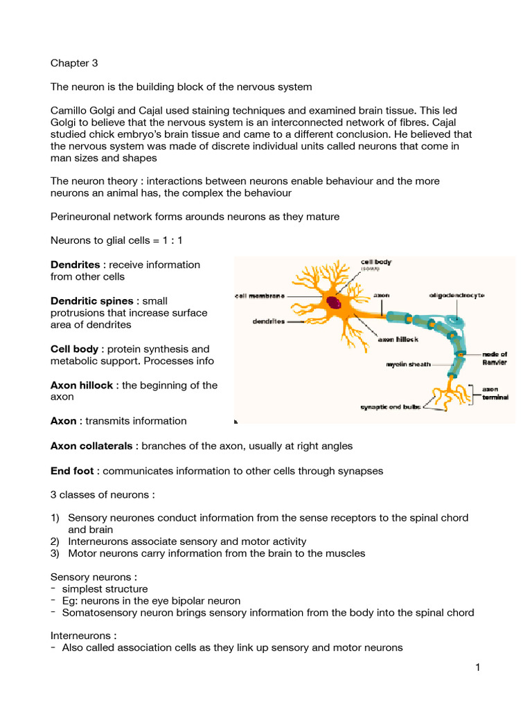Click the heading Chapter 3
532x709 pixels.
tap(74, 63)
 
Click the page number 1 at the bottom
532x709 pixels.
tap(478, 667)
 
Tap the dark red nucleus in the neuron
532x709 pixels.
tap(335, 302)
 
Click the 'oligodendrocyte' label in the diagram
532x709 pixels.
tap(456, 295)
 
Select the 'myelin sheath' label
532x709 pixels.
tap(408, 364)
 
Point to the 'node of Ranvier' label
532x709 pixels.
tap(495, 358)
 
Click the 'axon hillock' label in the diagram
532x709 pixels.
tap(396, 340)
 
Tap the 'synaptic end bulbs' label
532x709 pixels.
tap(391, 407)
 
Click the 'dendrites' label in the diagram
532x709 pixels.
tap(267, 321)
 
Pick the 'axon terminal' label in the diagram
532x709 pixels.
tap(495, 393)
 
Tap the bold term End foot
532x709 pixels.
tap(72, 471)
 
